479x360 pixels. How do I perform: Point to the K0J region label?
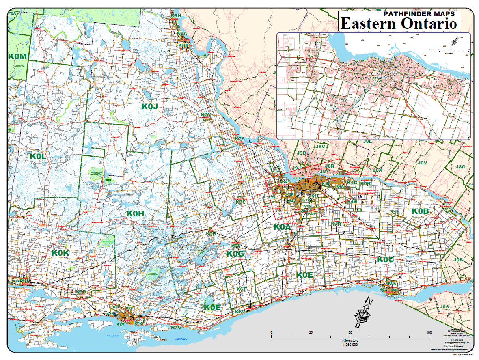click(x=149, y=106)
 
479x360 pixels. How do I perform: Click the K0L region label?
click(x=39, y=156)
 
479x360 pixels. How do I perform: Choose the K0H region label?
click(x=135, y=213)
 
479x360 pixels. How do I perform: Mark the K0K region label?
click(x=61, y=253)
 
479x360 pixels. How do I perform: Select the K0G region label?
click(x=235, y=254)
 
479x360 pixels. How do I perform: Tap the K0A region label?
click(x=282, y=227)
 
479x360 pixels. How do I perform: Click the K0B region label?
click(x=420, y=211)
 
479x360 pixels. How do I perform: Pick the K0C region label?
click(x=385, y=259)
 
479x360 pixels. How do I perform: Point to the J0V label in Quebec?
click(x=423, y=163)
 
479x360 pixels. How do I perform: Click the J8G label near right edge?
click(x=460, y=167)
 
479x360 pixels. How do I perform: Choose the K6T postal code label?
click(x=242, y=289)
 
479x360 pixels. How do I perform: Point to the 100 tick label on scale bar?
click(x=428, y=333)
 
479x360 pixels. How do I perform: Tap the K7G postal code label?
click(x=176, y=327)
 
